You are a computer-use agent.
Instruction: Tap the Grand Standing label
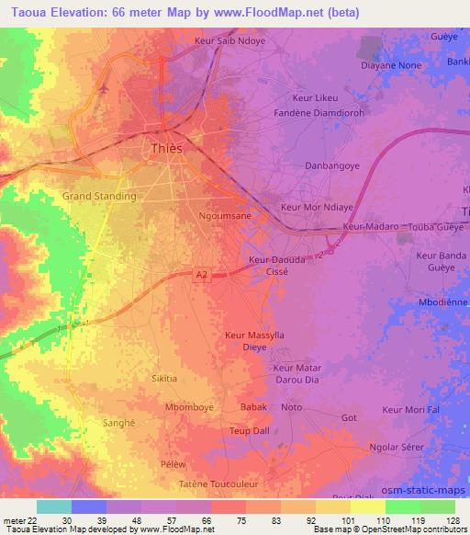pos(99,196)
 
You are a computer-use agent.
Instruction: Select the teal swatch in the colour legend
pos(54,507)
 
